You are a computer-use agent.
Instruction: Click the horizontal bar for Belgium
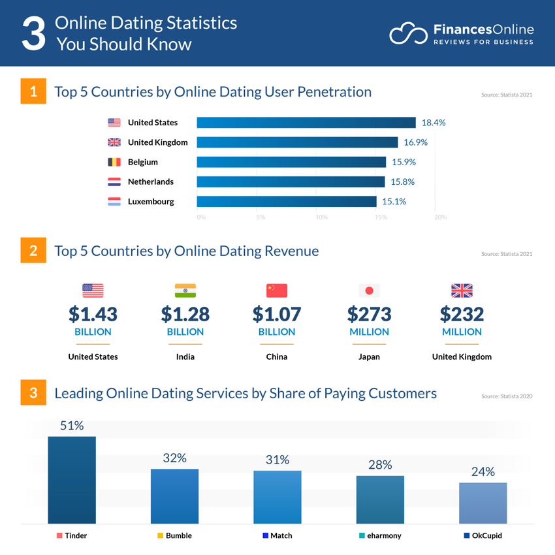click(291, 162)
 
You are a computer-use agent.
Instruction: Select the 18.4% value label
click(434, 123)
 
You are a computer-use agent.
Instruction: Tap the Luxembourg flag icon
click(114, 202)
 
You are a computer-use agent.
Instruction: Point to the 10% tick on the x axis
click(321, 217)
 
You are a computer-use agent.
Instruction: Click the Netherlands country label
click(151, 182)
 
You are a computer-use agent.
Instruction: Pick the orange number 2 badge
click(33, 250)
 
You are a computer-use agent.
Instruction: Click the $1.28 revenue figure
click(185, 315)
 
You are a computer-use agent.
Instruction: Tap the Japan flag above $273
click(369, 291)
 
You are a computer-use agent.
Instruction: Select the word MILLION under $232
click(462, 332)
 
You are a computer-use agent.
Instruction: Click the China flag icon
click(277, 291)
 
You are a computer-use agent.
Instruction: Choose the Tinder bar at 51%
click(72, 480)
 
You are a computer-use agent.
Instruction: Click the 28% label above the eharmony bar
click(379, 465)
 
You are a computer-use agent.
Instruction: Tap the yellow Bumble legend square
click(160, 535)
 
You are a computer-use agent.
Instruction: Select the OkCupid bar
click(483, 503)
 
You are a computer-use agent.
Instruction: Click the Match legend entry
click(277, 535)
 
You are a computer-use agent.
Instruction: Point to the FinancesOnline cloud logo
click(407, 34)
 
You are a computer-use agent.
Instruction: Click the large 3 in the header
click(34, 34)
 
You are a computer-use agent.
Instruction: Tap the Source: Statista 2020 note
click(507, 396)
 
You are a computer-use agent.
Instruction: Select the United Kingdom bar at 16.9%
click(297, 142)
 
